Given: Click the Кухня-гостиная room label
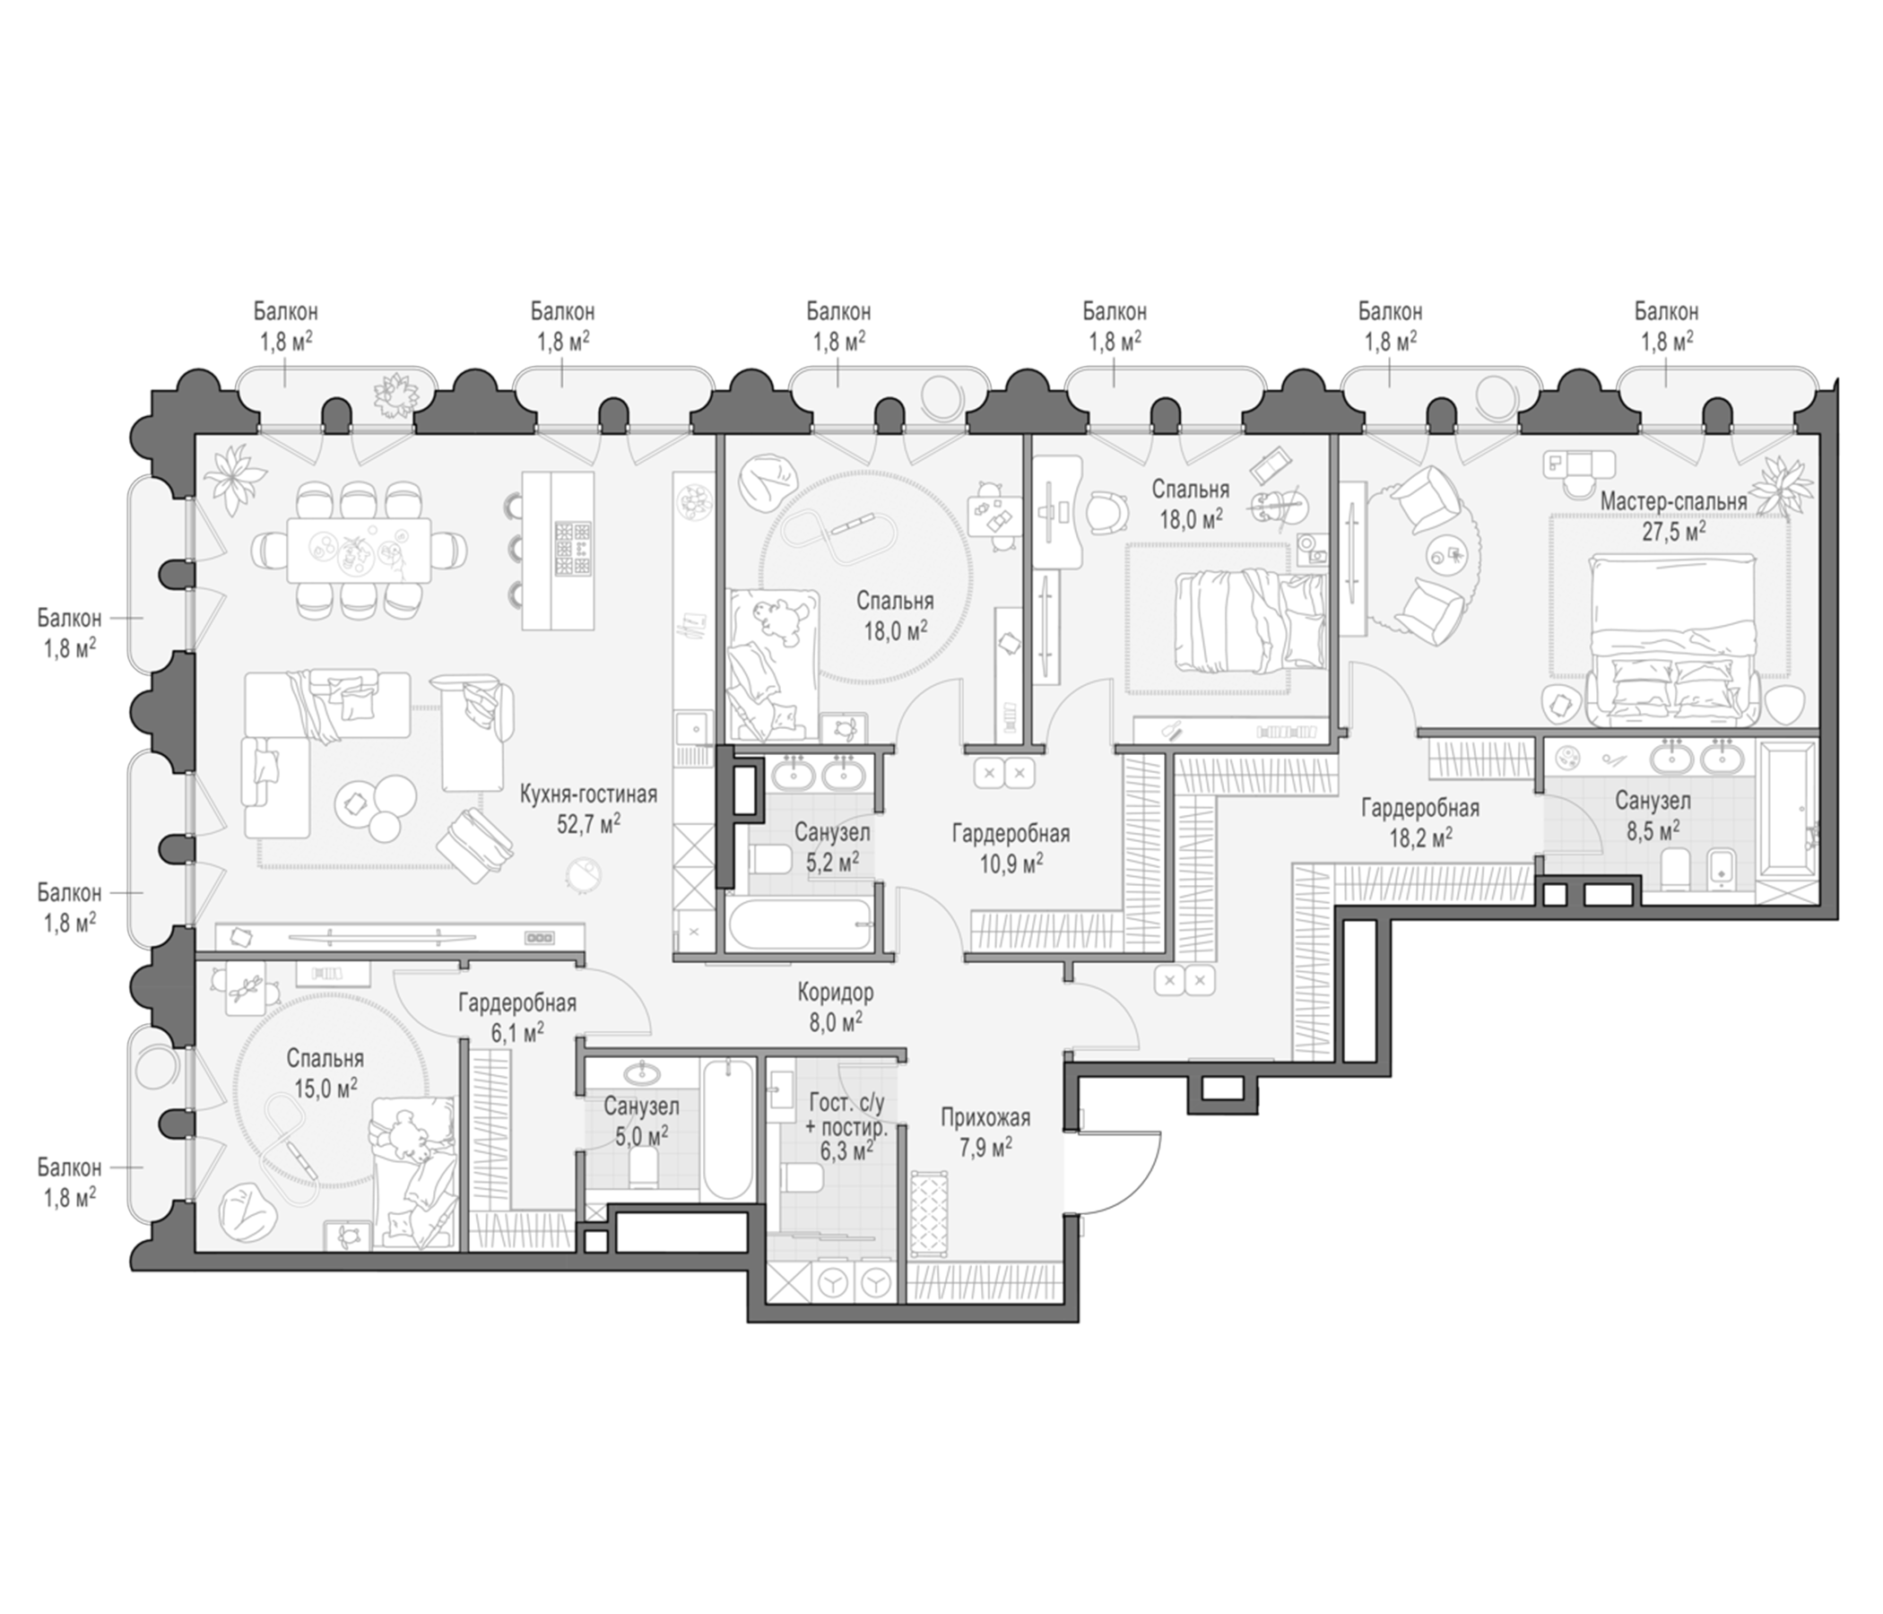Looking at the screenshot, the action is [x=588, y=795].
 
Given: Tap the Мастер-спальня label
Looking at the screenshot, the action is [x=1673, y=501].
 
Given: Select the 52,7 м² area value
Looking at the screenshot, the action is [x=588, y=824].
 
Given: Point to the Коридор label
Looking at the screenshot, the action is [x=835, y=993].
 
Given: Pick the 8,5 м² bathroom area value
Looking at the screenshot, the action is [x=1653, y=829].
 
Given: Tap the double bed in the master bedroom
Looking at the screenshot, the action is [x=1672, y=641].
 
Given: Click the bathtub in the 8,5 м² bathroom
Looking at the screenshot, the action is [x=1787, y=822].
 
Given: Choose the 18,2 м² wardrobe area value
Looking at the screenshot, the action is [x=1419, y=837].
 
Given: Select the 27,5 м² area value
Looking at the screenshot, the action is [x=1673, y=532].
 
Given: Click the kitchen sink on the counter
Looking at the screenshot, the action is [x=693, y=729].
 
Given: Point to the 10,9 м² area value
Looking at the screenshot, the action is [x=1011, y=862].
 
